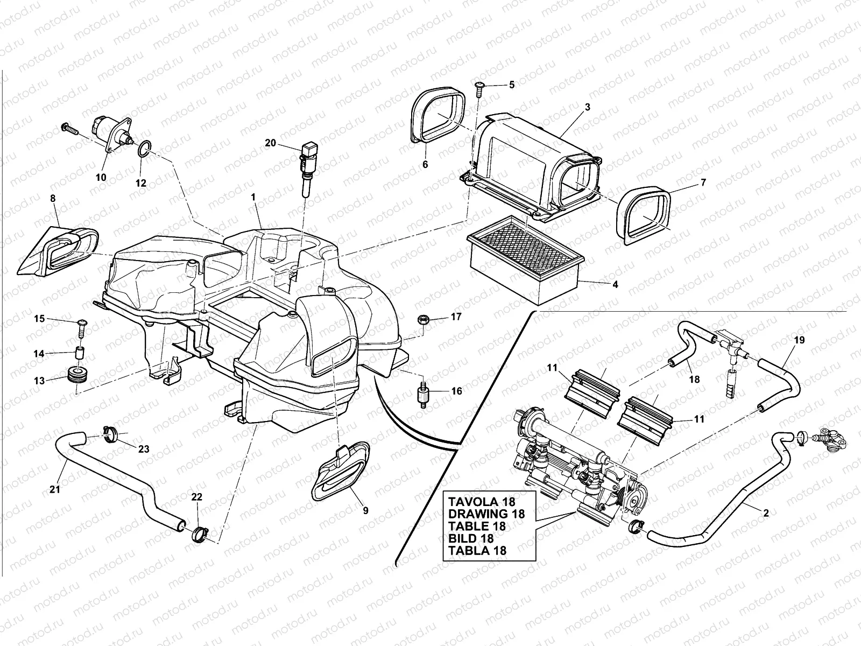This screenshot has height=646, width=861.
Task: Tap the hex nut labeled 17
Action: pyautogui.click(x=422, y=319)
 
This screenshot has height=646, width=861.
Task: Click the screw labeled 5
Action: pyautogui.click(x=480, y=88)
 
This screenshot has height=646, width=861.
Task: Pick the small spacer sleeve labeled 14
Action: pyautogui.click(x=80, y=355)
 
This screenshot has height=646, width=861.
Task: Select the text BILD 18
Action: pyautogui.click(x=470, y=538)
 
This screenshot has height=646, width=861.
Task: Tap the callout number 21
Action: pyautogui.click(x=55, y=489)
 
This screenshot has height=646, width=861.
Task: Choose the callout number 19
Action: pyautogui.click(x=799, y=340)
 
